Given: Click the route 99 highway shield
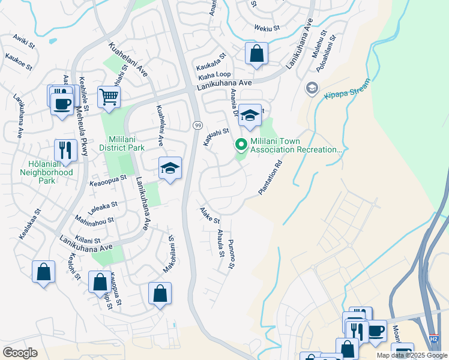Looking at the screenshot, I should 197,125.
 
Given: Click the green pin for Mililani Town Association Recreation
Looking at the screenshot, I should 241,145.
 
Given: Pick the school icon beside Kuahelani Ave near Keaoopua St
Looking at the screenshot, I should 170,169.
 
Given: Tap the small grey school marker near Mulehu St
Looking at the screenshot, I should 312,89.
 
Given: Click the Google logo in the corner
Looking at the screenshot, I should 20,353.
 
